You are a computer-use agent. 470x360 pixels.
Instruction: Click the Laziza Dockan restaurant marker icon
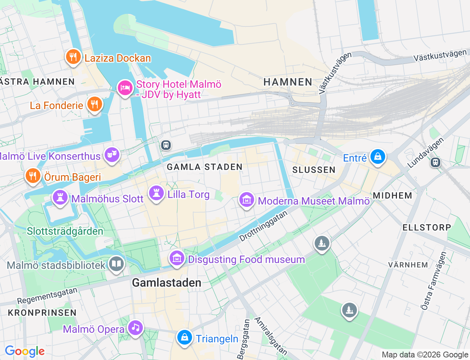[x=73, y=57]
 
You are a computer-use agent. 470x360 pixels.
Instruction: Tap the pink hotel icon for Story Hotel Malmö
[x=125, y=88]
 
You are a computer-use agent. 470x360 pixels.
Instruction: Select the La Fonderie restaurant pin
[x=94, y=105]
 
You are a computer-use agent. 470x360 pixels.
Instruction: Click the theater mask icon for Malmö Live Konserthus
[x=112, y=155]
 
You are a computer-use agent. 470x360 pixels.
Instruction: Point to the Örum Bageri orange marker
[x=33, y=176]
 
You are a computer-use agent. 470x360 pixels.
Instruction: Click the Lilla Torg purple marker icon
[x=156, y=193]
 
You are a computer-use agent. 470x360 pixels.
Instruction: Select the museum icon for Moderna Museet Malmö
[x=247, y=200]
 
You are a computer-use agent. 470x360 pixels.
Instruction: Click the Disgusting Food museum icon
[x=177, y=259]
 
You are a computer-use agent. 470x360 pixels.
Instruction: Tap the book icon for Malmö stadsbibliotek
[x=116, y=264]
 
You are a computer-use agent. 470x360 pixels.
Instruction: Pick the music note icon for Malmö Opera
[x=135, y=328]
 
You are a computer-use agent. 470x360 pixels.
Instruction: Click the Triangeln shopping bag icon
[x=185, y=338]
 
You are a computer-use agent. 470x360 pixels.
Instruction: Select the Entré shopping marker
[x=377, y=157]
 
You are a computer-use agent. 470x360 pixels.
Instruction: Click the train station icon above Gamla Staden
[x=166, y=145]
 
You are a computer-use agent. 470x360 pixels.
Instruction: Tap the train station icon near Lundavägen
[x=435, y=162]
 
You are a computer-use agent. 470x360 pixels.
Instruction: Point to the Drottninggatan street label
[x=263, y=226]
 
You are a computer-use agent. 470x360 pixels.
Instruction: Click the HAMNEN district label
[x=288, y=82]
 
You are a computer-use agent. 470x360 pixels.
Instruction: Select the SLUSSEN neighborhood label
[x=314, y=170]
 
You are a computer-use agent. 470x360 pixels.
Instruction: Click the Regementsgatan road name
[x=47, y=296]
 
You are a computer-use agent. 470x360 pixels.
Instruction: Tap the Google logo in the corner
[x=25, y=352]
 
